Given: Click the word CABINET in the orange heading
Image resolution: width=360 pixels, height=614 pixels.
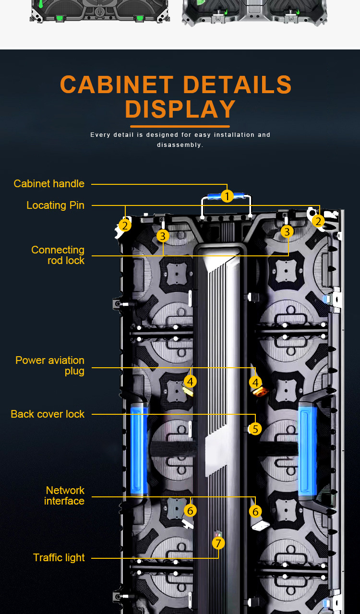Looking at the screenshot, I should tap(117, 84).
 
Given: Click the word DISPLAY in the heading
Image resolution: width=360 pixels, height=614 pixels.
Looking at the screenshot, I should tap(180, 109).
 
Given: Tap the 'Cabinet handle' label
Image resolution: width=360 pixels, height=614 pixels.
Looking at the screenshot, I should tap(49, 183).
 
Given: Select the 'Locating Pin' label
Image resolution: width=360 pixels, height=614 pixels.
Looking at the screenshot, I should tap(55, 205).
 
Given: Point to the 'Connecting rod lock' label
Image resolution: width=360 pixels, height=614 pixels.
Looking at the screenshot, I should tap(58, 255).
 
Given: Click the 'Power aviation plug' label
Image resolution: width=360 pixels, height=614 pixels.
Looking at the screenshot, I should tap(50, 365).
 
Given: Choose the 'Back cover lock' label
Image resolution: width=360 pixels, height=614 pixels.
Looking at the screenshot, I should tap(48, 414).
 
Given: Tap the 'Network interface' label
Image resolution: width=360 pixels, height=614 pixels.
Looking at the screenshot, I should tap(65, 495).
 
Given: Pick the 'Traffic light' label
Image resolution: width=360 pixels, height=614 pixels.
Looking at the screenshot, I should tap(59, 557).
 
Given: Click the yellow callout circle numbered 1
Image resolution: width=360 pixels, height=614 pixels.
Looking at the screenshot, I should tap(227, 196).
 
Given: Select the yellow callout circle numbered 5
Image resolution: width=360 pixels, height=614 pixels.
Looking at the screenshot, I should tap(255, 429).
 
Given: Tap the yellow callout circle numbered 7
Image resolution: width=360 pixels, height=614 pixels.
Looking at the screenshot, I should tap(218, 543).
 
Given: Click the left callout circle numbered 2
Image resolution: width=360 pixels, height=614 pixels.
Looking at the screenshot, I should tap(125, 225).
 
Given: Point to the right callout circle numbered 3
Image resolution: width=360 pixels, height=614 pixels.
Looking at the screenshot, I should tap(287, 232).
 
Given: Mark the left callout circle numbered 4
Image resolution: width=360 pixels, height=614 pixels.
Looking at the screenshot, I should tap(191, 382).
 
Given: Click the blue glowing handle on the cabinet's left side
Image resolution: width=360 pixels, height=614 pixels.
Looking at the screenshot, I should tap(139, 450).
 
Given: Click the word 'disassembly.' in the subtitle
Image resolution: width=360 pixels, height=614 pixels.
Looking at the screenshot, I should tap(180, 145).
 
